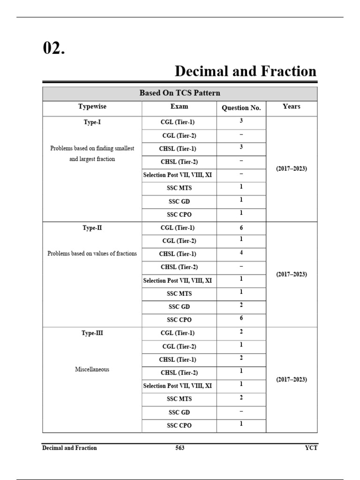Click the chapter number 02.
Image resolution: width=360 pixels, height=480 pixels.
click(54, 48)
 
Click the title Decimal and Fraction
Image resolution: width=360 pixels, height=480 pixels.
click(245, 71)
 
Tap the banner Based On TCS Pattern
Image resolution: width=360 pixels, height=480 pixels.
click(180, 93)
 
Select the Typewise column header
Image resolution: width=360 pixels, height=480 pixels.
click(92, 107)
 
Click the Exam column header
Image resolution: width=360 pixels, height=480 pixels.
click(179, 107)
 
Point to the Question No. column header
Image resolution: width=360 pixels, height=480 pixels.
click(241, 108)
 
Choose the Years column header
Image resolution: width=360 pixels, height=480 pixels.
click(292, 107)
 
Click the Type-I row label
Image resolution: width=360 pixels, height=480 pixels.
click(92, 122)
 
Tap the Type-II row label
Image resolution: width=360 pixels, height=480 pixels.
click(92, 228)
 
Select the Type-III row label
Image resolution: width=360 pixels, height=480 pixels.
click(92, 333)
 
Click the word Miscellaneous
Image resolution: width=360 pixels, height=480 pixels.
click(92, 369)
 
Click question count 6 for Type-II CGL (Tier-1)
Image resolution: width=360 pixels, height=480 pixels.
click(241, 228)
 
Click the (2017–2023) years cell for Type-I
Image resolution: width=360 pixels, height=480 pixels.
click(292, 168)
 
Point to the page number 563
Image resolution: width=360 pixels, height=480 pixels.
click(180, 448)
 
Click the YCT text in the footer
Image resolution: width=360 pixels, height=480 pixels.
click(311, 448)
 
